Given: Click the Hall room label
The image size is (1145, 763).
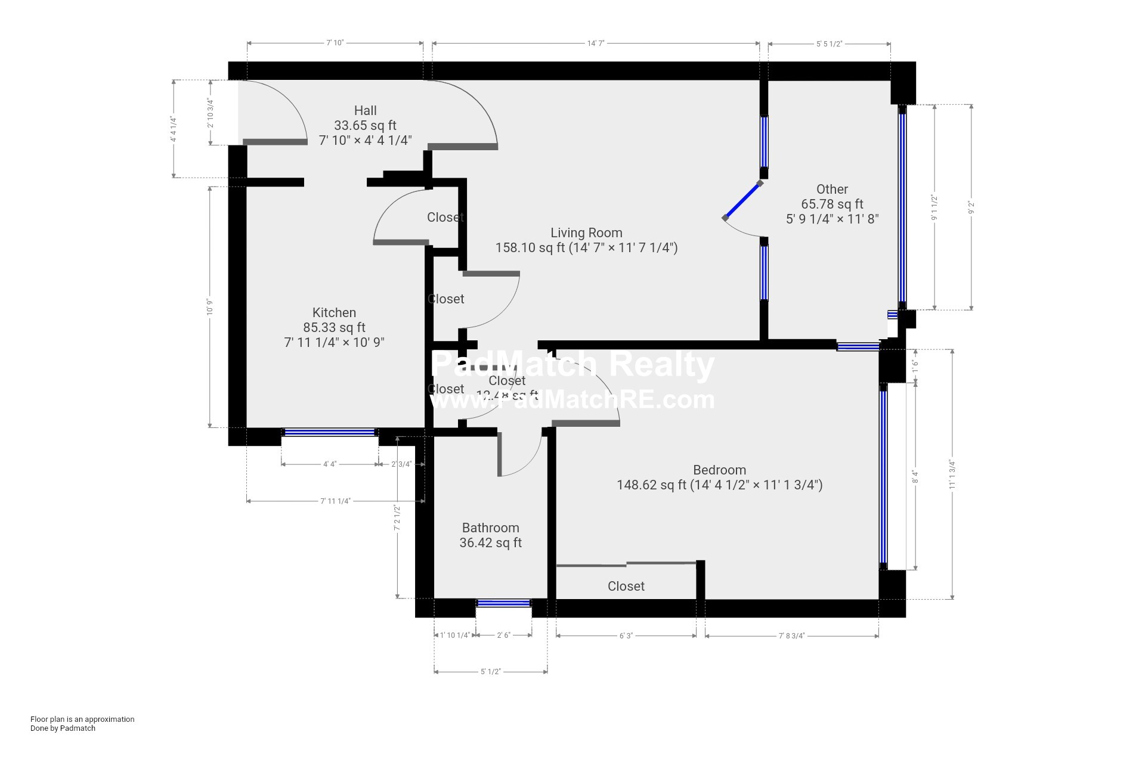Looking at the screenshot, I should [x=365, y=111].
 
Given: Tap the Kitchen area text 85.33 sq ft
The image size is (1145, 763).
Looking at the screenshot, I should [x=334, y=328].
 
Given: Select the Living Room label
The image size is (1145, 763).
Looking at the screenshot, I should [x=586, y=233].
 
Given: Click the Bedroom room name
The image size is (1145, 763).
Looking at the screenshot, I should [x=719, y=470].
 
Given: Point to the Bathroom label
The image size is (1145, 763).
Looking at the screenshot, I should [x=490, y=528].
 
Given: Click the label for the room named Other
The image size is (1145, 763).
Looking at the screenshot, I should [x=832, y=190].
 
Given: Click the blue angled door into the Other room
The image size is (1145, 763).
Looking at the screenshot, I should [x=743, y=200].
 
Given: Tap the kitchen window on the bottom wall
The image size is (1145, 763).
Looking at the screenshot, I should [x=329, y=432].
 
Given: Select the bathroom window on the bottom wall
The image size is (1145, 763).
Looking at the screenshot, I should [x=503, y=603].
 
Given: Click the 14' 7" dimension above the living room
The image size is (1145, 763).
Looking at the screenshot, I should [x=596, y=44].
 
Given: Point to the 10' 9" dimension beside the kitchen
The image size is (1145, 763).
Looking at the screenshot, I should [x=210, y=307].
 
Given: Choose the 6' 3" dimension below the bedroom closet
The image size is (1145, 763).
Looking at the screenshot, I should [x=626, y=636].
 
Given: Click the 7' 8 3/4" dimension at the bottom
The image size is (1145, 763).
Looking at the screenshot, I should [x=791, y=636].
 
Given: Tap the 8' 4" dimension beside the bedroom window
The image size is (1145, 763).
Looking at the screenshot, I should [x=915, y=477].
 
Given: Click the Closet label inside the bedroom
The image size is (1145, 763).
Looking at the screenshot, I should [x=626, y=587].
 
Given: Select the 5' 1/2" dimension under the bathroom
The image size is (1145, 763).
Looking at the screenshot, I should [x=490, y=672].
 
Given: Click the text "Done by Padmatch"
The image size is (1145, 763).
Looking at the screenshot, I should [x=63, y=728].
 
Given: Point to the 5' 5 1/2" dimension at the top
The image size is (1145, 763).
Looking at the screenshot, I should [x=829, y=44].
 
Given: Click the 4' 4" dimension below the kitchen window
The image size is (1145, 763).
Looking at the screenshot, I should [x=329, y=464].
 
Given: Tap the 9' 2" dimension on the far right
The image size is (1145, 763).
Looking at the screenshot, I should [x=971, y=207].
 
